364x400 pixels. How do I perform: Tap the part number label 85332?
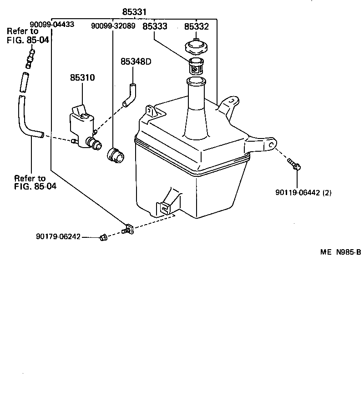tap(197, 26)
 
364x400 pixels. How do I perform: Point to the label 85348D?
tap(136, 62)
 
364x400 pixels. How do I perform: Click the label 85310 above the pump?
tap(82, 78)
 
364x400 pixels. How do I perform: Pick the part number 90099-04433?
tap(52, 25)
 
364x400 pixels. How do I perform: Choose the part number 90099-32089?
tap(113, 26)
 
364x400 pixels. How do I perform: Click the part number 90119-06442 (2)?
tap(303, 192)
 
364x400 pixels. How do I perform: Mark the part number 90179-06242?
tap(58, 236)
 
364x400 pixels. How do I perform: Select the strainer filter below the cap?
tap(196, 67)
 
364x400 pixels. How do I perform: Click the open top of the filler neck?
tap(196, 82)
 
